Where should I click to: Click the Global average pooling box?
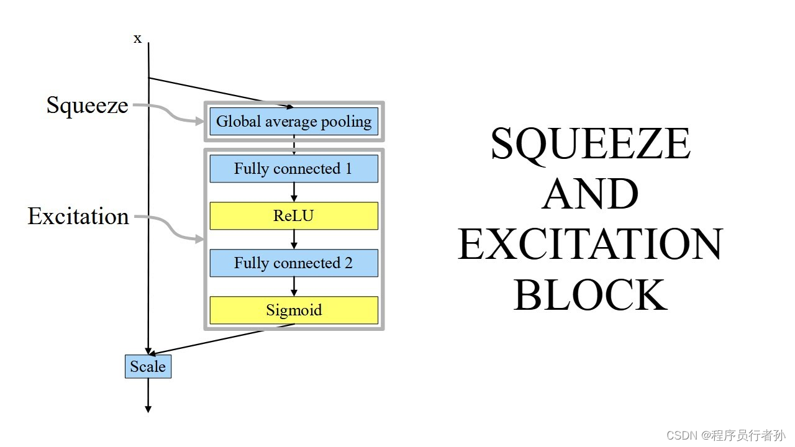294,122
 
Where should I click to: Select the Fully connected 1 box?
294,169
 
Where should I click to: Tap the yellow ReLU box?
294,216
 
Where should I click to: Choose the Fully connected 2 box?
294,263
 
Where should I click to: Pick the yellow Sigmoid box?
294,310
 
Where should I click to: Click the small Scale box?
148,366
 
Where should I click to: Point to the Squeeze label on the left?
88,105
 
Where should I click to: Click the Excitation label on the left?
78,216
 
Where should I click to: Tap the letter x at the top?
138,38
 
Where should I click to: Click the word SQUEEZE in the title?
590,144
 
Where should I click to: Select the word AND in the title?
590,194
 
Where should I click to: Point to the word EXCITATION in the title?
590,244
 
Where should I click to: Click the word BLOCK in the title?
590,294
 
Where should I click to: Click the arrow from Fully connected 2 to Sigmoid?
294,286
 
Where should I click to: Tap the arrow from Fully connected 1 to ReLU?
294,192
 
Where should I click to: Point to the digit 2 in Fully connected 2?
348,263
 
